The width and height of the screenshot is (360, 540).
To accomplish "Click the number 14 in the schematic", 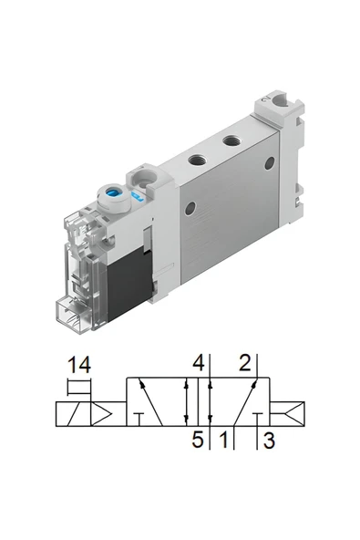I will pos(79,367).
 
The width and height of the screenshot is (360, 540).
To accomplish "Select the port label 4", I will pos(198,362).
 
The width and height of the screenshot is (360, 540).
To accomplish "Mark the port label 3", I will pos(268,442).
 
